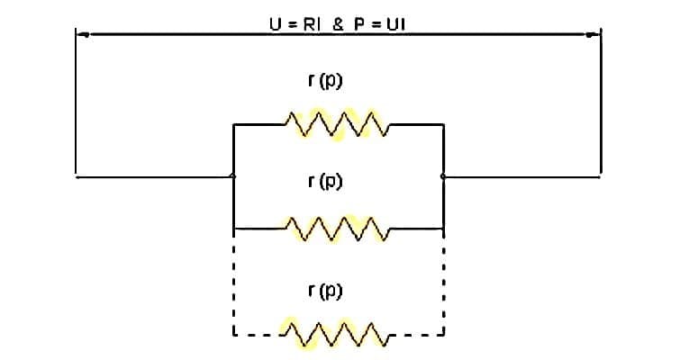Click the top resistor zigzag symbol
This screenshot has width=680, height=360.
tap(336, 124)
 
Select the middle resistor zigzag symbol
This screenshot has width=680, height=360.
tap(336, 229)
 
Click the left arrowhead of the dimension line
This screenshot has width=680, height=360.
tap(81, 35)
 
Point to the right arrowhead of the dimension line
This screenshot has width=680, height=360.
tap(594, 35)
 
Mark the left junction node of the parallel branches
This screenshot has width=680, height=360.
tap(233, 176)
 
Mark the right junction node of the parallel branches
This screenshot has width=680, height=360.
tap(443, 176)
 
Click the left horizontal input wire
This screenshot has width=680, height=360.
tap(153, 176)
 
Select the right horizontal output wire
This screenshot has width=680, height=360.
tap(522, 176)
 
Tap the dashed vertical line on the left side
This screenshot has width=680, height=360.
tap(233, 283)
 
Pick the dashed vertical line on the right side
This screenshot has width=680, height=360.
tap(443, 283)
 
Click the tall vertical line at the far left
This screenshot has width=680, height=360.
tap(76, 103)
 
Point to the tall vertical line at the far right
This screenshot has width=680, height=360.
tap(601, 103)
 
